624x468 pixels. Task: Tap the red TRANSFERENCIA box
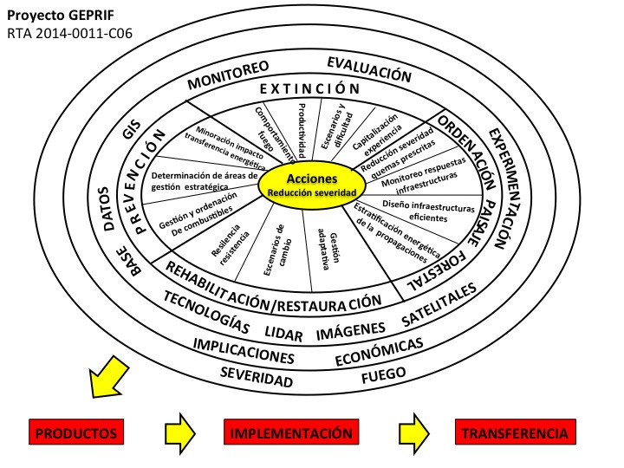point(515,432)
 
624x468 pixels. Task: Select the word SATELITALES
point(439,314)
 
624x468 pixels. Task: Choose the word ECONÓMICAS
point(379,350)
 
